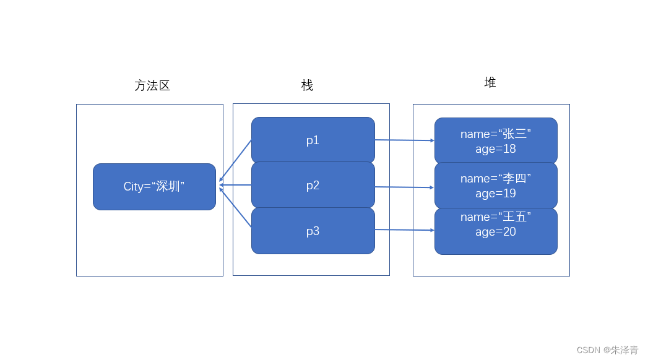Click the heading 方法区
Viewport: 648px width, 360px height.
(152, 86)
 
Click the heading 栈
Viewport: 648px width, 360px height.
(307, 86)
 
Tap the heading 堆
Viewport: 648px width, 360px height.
(490, 83)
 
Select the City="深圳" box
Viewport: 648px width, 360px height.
(154, 187)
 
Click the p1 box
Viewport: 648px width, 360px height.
(313, 140)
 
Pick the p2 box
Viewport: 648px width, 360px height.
(313, 186)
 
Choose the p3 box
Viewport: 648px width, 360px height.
(313, 231)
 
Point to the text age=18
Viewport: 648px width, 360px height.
(495, 149)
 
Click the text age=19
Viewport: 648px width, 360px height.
(495, 194)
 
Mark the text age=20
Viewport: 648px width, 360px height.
(495, 232)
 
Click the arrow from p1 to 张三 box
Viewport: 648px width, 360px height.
(404, 140)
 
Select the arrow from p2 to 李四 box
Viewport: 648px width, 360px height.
(404, 187)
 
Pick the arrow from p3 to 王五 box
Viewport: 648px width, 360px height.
(404, 230)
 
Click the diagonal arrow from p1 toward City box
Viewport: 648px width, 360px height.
(236, 160)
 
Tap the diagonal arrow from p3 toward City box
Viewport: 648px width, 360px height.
(236, 208)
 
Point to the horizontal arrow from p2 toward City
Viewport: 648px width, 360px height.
(236, 184)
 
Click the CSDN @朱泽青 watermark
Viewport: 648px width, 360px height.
(607, 350)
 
